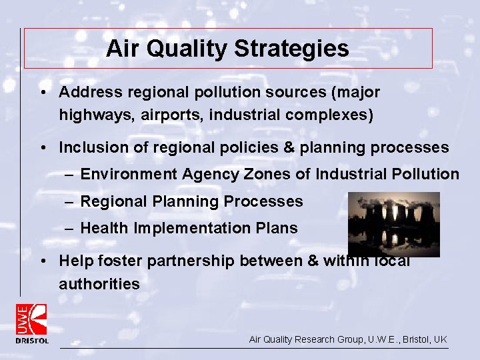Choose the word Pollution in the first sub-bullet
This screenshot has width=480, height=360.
(425, 175)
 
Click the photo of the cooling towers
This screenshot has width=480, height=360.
(393, 224)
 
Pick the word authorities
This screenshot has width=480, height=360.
(99, 284)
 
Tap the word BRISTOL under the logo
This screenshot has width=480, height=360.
(32, 341)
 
